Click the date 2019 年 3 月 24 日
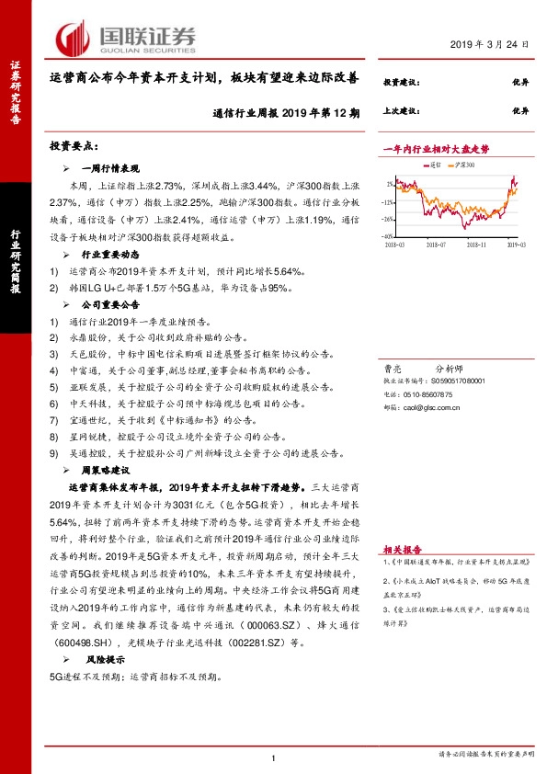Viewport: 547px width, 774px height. click(x=493, y=45)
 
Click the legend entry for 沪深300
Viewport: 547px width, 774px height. click(x=465, y=165)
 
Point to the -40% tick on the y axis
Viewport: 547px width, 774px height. click(x=390, y=236)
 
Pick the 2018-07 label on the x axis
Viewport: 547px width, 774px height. click(x=435, y=245)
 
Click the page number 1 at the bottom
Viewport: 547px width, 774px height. click(x=274, y=756)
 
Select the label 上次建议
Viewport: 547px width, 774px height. click(x=401, y=110)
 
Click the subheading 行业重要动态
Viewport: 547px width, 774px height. click(x=109, y=254)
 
